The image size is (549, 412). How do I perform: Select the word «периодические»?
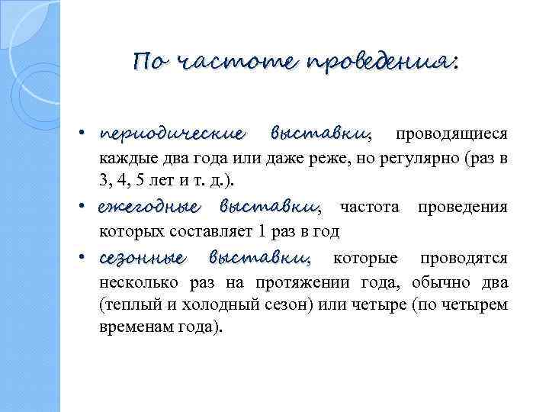tap(172, 135)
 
